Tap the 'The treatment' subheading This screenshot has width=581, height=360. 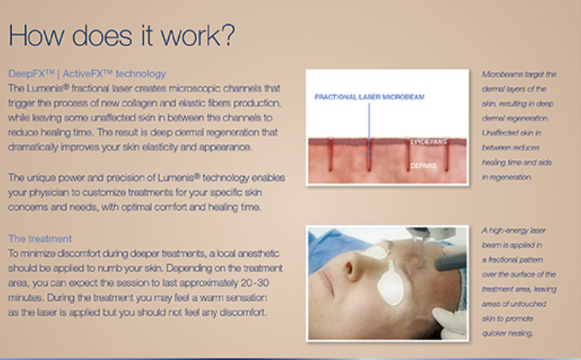pyautogui.click(x=40, y=238)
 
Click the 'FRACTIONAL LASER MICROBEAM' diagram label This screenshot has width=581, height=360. pyautogui.click(x=369, y=96)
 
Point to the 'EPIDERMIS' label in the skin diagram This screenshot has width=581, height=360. pyautogui.click(x=429, y=142)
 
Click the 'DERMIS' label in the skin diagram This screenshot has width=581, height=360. pyautogui.click(x=423, y=166)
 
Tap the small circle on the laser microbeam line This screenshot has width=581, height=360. pyautogui.click(x=369, y=155)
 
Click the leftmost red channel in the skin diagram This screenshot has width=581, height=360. pyautogui.click(x=330, y=155)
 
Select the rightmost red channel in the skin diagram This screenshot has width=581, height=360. pyautogui.click(x=446, y=155)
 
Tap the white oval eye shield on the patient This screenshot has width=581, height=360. pyautogui.click(x=390, y=284)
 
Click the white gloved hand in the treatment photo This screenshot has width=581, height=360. pyautogui.click(x=448, y=321)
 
